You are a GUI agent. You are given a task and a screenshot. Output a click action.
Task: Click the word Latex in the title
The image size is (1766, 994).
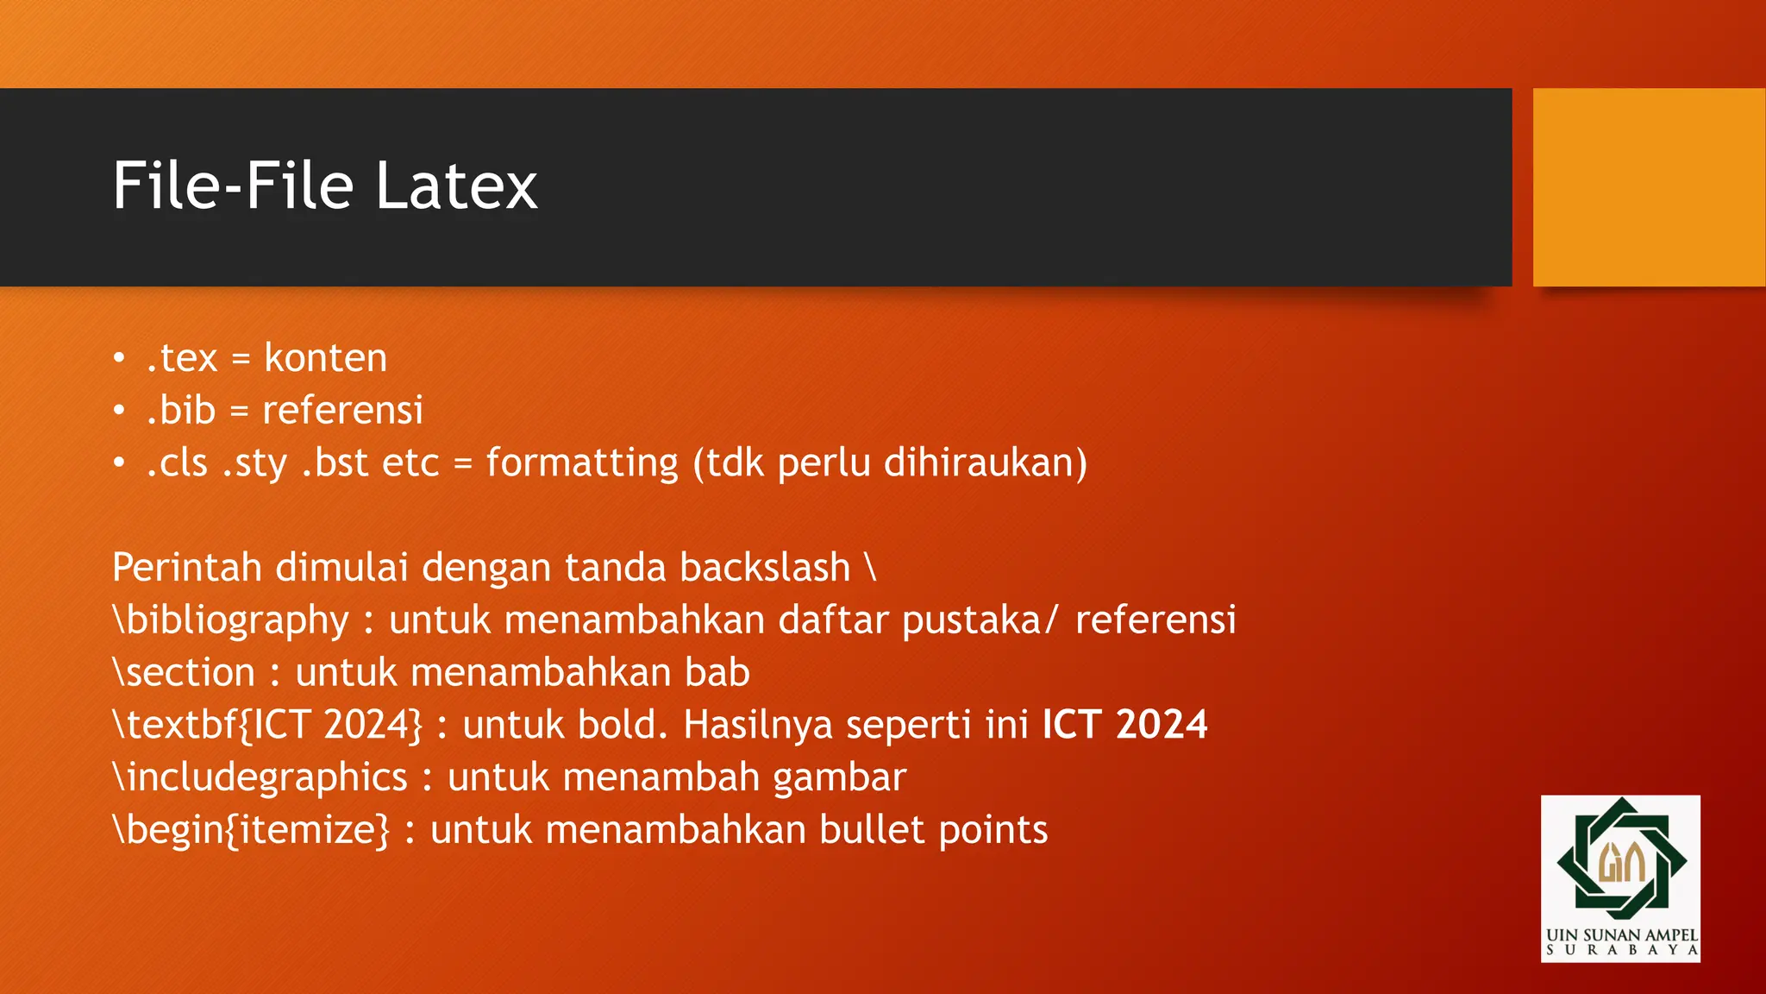[x=456, y=186]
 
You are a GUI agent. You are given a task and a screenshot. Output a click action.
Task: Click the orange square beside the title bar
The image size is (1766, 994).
[x=1648, y=187]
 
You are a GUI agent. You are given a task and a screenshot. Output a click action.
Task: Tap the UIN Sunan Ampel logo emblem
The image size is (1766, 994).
[x=1620, y=859]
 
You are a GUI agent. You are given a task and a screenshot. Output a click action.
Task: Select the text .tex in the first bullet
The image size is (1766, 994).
[x=182, y=358]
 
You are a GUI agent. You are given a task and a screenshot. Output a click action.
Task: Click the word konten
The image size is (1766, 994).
[x=326, y=358]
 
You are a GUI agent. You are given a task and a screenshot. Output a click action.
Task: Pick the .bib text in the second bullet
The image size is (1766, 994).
[x=181, y=410]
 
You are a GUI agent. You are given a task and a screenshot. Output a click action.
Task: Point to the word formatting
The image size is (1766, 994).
[x=582, y=463]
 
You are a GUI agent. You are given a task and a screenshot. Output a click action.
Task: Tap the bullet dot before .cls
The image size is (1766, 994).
[x=119, y=463]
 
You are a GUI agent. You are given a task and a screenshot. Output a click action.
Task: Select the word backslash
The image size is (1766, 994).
[x=765, y=568]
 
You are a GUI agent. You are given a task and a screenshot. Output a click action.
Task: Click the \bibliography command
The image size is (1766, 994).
[x=230, y=620]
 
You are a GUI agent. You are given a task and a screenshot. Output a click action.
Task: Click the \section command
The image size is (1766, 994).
[x=184, y=673]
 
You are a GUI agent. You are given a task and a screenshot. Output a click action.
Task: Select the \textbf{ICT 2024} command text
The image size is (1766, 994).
[x=267, y=725]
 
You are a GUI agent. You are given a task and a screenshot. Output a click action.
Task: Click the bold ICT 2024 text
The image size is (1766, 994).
[x=1124, y=725]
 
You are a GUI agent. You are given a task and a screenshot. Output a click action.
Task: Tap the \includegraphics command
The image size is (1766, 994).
[x=260, y=777]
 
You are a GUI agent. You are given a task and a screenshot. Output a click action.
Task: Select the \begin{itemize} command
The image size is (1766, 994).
[x=251, y=830]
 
